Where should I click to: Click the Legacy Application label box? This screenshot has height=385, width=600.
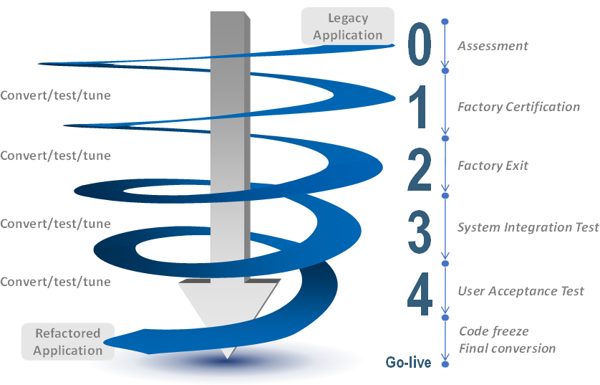pyautogui.click(x=347, y=26)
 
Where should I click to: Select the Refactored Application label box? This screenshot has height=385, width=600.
pyautogui.click(x=68, y=341)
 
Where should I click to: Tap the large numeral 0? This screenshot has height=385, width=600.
pyautogui.click(x=420, y=44)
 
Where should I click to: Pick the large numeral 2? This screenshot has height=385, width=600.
pyautogui.click(x=420, y=170)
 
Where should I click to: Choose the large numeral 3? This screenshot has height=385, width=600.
pyautogui.click(x=420, y=232)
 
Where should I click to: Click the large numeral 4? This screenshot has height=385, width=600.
pyautogui.click(x=420, y=294)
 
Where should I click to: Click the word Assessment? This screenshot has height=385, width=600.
pyautogui.click(x=493, y=46)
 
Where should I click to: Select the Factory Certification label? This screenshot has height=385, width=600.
pyautogui.click(x=519, y=107)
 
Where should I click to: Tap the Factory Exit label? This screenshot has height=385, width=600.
pyautogui.click(x=493, y=166)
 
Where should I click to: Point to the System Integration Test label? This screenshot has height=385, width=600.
pyautogui.click(x=528, y=227)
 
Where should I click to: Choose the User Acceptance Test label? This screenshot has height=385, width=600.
pyautogui.click(x=521, y=291)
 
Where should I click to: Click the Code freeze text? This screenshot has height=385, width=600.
pyautogui.click(x=493, y=331)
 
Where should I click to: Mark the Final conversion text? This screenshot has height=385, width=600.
pyautogui.click(x=507, y=348)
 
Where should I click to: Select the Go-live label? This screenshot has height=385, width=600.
pyautogui.click(x=408, y=362)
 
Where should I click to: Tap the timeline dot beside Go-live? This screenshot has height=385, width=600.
pyautogui.click(x=445, y=364)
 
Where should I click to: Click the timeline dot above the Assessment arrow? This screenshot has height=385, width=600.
pyautogui.click(x=445, y=22)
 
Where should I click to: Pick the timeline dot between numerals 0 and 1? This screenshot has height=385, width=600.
pyautogui.click(x=445, y=71)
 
